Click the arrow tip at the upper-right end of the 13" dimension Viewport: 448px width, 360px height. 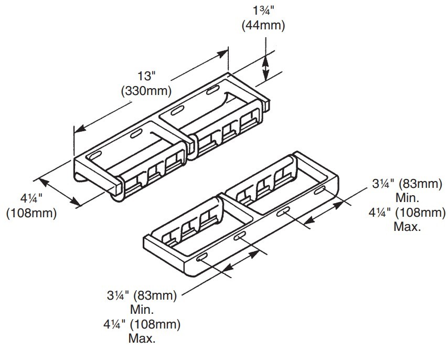228,51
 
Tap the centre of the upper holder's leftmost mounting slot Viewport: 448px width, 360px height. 95,155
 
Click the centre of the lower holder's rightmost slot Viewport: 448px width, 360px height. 319,190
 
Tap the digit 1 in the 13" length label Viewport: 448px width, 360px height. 141,77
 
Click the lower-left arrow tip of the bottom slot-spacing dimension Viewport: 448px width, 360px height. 223,271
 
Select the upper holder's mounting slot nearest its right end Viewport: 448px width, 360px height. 213,90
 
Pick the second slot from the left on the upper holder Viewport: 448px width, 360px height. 136,134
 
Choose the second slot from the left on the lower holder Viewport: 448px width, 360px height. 239,236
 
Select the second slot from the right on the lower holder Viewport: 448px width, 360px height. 283,212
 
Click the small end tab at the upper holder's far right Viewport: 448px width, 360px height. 266,104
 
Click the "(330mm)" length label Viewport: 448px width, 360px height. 146,91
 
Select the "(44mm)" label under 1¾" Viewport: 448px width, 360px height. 263,26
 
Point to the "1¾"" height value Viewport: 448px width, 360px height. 264,11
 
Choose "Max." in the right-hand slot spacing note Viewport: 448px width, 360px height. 407,227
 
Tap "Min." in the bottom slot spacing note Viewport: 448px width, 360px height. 142,310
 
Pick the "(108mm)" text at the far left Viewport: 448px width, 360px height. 31,213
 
